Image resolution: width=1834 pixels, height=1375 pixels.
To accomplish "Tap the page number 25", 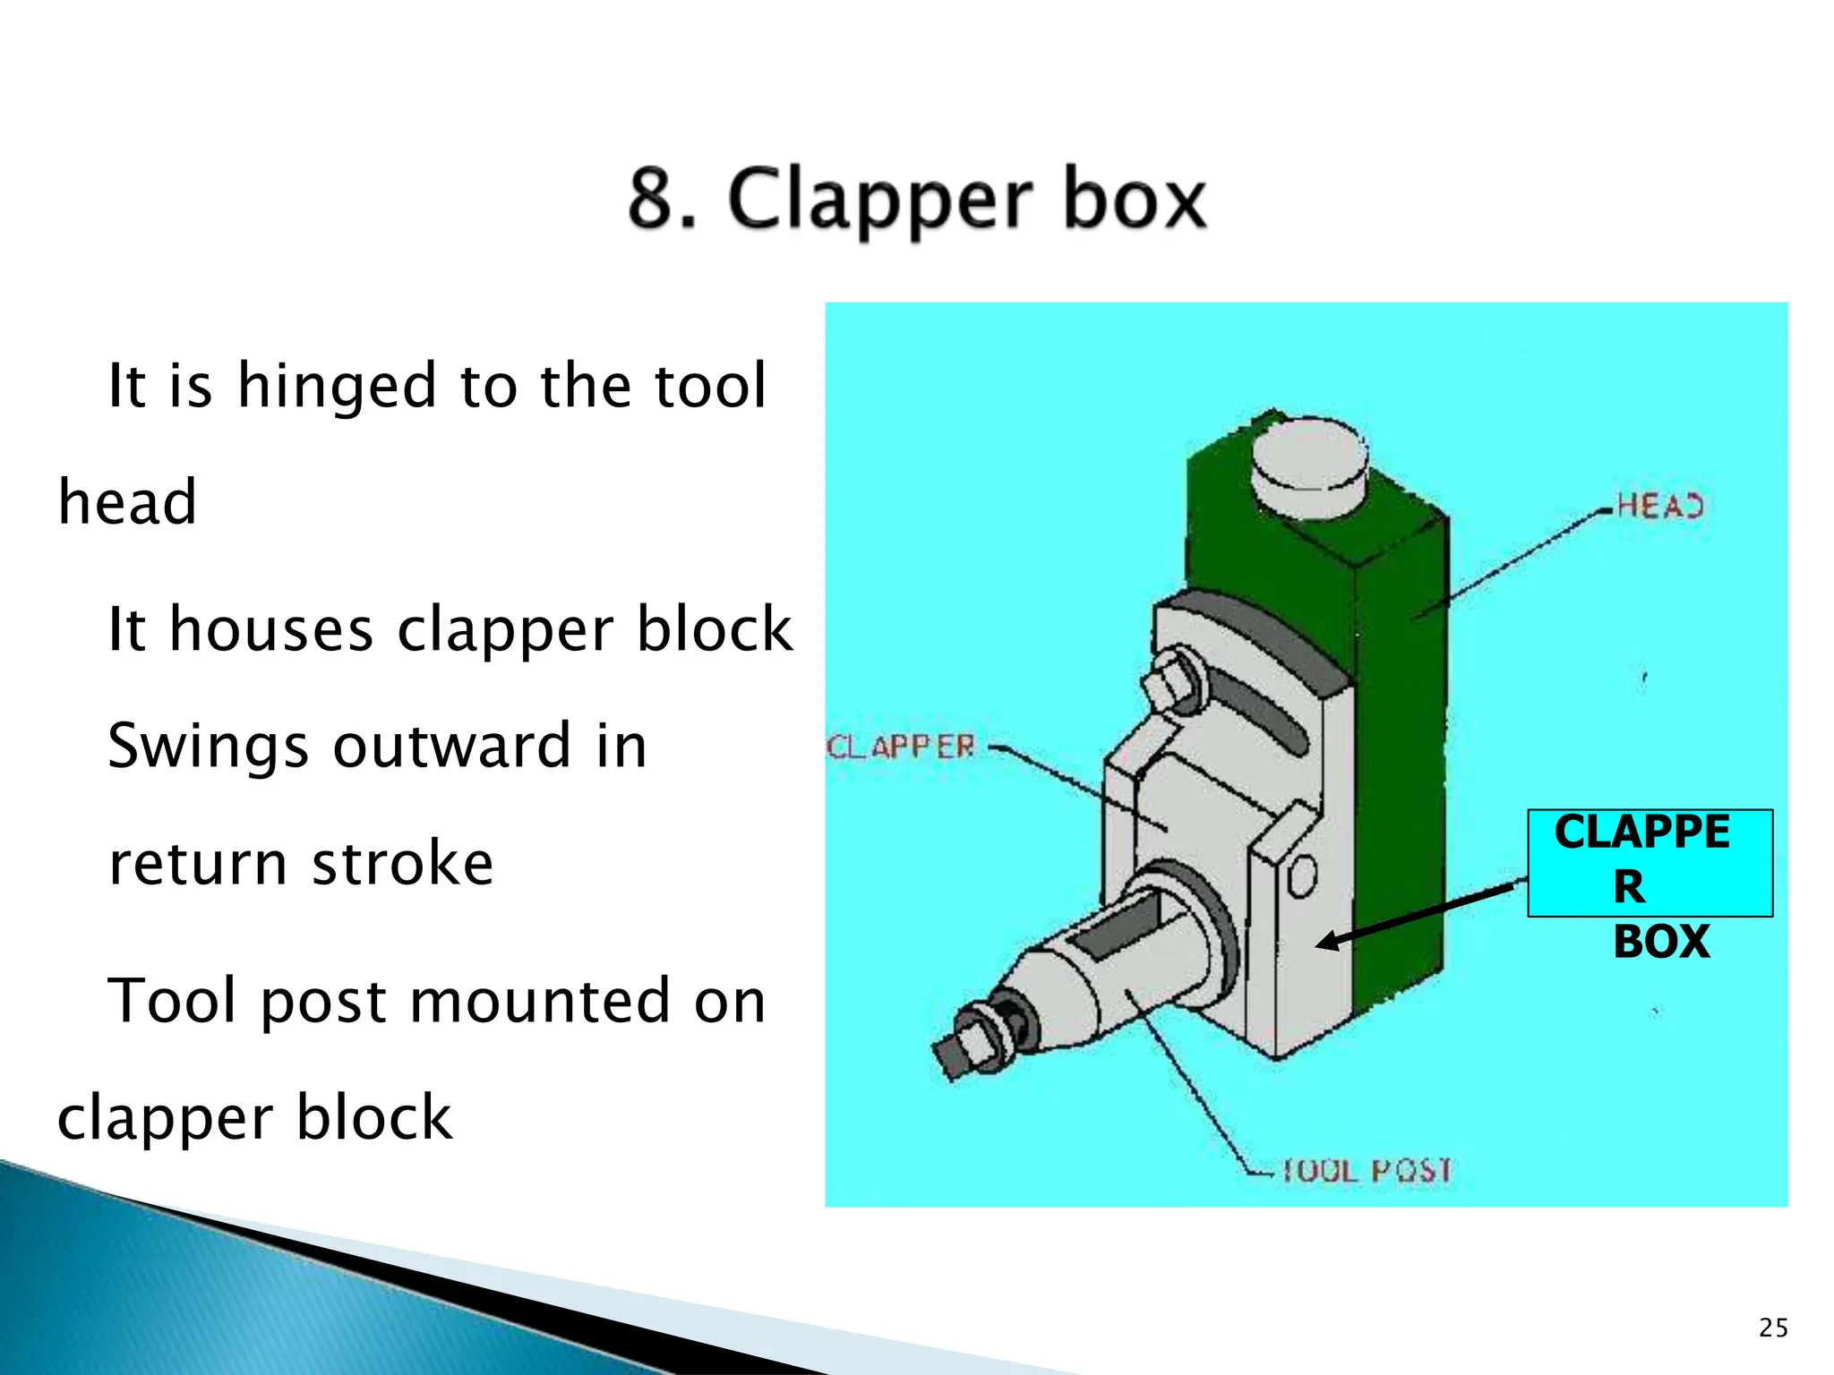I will pyautogui.click(x=1773, y=1328).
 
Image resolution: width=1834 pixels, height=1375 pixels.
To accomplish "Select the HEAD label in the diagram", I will pyautogui.click(x=1659, y=507).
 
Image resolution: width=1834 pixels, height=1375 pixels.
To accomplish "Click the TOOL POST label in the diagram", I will pyautogui.click(x=1367, y=1170).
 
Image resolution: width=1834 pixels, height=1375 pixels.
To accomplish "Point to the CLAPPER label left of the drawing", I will pyautogui.click(x=900, y=747).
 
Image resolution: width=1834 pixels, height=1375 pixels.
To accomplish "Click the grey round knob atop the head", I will pyautogui.click(x=1308, y=469).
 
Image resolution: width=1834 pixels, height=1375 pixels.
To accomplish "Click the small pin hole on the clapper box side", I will pyautogui.click(x=1301, y=876).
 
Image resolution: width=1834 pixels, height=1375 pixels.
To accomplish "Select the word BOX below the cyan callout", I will pyautogui.click(x=1661, y=942).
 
